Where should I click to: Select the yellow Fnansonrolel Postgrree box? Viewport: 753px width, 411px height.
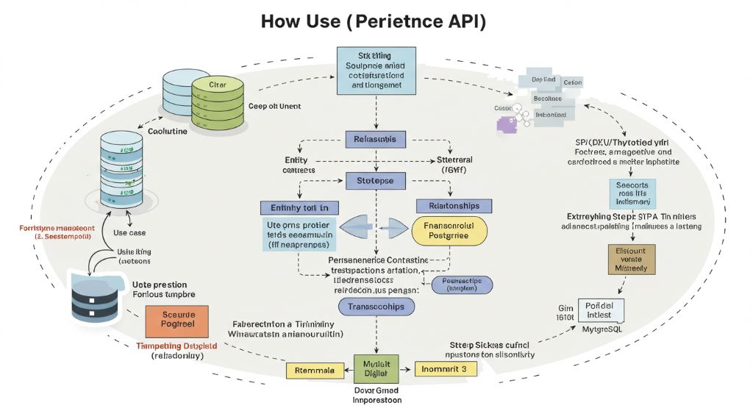[x=449, y=231]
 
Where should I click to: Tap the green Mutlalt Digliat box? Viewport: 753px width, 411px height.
[x=376, y=367]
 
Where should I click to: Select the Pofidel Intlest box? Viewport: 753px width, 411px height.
[x=601, y=310]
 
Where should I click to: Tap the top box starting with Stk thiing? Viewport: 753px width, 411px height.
[x=376, y=71]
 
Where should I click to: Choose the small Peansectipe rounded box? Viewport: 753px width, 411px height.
[x=462, y=285]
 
